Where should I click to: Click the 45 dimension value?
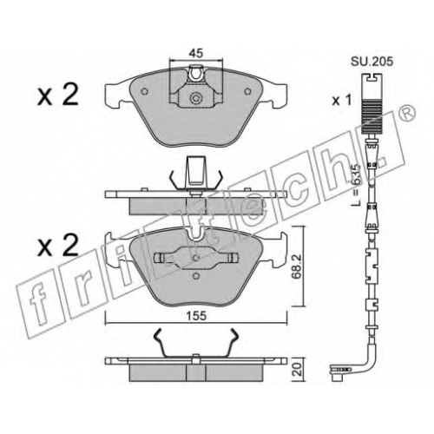pyautogui.click(x=196, y=54)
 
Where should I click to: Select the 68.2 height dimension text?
pyautogui.click(x=297, y=266)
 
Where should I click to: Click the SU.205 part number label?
pyautogui.click(x=372, y=62)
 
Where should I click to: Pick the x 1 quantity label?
pyautogui.click(x=342, y=101)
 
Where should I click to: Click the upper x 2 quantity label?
pyautogui.click(x=58, y=95)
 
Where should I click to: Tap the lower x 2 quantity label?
pyautogui.click(x=58, y=245)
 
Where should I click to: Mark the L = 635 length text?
pyautogui.click(x=358, y=185)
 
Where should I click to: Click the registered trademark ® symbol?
pyautogui.click(x=409, y=115)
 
